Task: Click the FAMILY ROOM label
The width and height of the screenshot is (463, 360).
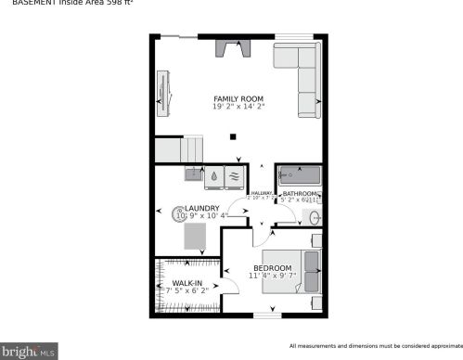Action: (x=238, y=98)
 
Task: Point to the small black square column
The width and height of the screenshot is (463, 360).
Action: (x=233, y=136)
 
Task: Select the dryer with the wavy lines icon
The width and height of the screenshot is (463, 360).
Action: (x=234, y=174)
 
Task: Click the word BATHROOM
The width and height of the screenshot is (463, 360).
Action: (x=300, y=193)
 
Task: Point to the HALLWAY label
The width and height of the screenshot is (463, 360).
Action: (x=260, y=192)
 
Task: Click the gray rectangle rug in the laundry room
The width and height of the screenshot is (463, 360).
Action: (x=195, y=238)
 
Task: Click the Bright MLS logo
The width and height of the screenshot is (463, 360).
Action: (x=29, y=351)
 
